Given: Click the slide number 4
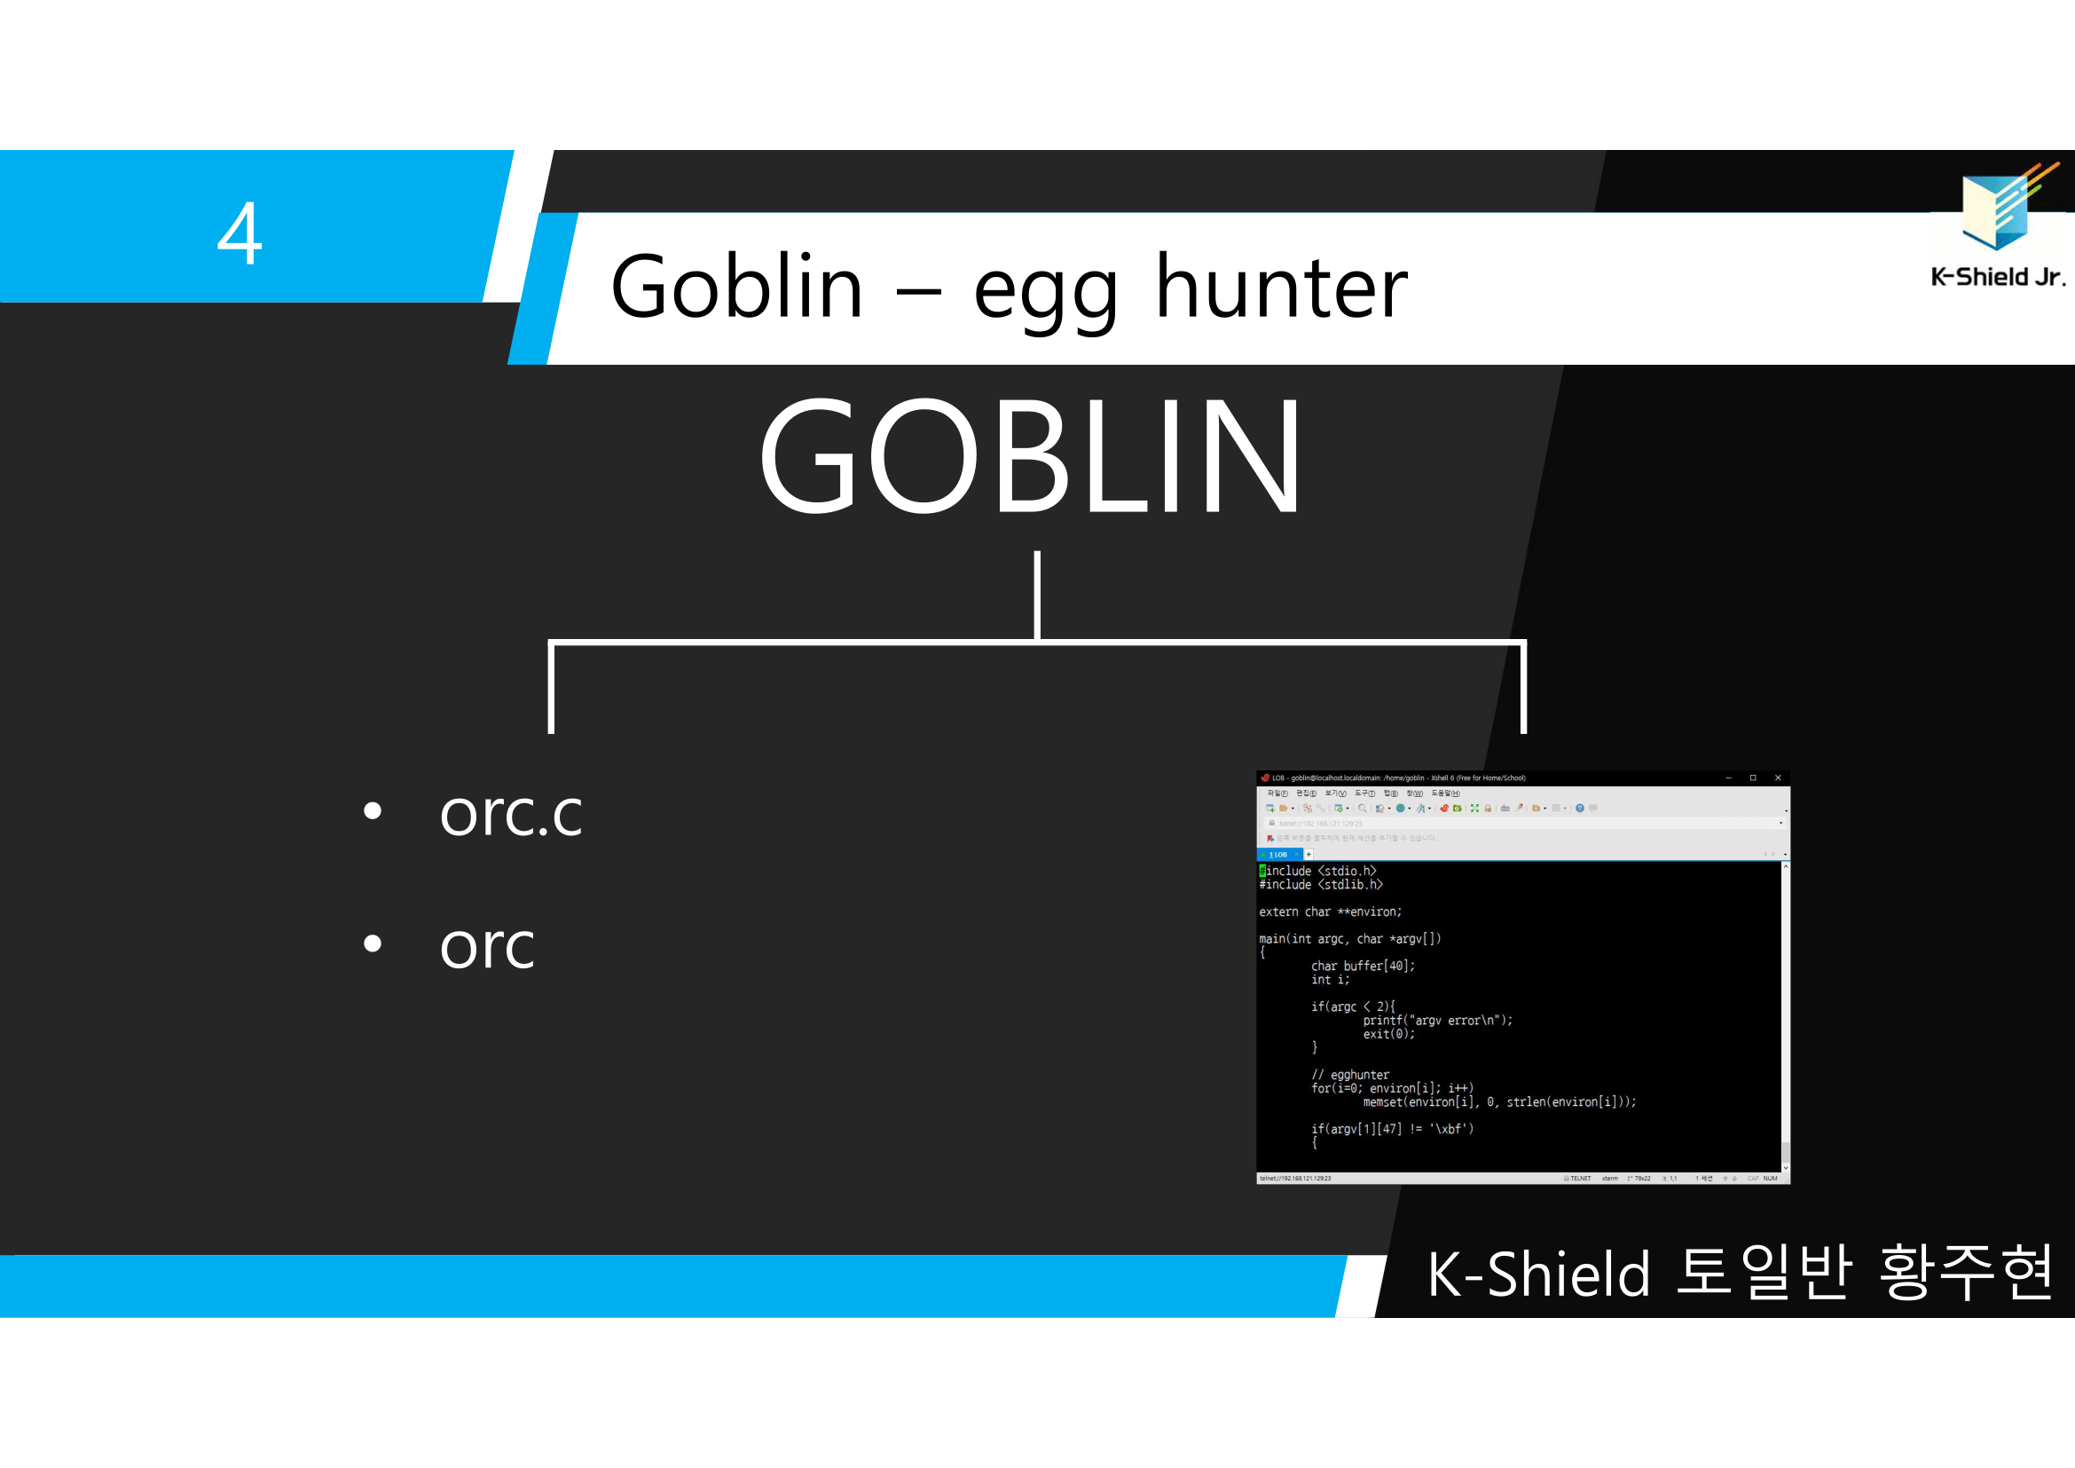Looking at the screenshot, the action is click(x=240, y=234).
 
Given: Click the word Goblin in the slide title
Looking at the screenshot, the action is click(x=736, y=288).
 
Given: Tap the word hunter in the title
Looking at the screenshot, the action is click(x=1281, y=288).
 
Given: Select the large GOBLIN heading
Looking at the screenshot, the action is click(x=1030, y=455).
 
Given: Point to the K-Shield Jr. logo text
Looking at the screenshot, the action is click(x=1997, y=277).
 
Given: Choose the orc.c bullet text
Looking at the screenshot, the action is click(x=511, y=814).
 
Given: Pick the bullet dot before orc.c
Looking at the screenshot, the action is click(x=373, y=811).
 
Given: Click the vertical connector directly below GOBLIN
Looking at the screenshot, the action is click(x=1038, y=595).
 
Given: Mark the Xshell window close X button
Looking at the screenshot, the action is click(x=1778, y=777).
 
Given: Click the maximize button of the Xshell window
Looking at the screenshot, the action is click(x=1752, y=777).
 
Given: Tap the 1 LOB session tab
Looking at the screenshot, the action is click(x=1277, y=854).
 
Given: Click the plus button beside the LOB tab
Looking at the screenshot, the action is click(x=1309, y=854).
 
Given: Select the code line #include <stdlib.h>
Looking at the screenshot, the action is click(x=1320, y=885).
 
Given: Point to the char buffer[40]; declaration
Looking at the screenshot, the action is click(x=1362, y=967).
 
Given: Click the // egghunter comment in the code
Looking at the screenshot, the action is click(x=1350, y=1075).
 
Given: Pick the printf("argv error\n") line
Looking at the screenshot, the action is click(x=1437, y=1021).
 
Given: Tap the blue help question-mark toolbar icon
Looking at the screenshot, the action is click(x=1580, y=809).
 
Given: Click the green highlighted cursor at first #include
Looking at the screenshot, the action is click(x=1262, y=872).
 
